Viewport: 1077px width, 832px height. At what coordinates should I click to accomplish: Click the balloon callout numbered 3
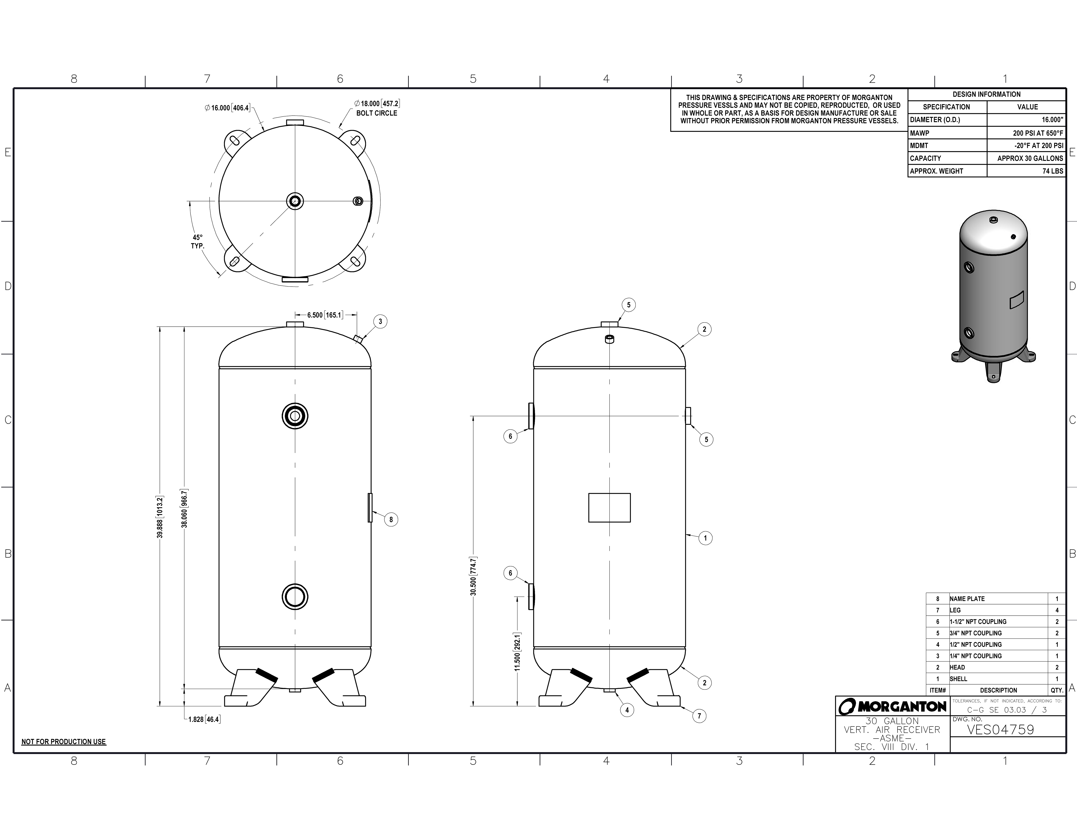380,321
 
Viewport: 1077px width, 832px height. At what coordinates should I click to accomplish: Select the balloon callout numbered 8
391,520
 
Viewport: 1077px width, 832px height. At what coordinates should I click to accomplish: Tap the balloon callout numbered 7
699,716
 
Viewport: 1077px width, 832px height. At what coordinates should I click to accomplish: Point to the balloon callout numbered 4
627,710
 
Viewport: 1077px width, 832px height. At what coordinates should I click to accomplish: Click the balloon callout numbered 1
706,538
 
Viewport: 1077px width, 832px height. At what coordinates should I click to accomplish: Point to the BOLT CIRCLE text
377,113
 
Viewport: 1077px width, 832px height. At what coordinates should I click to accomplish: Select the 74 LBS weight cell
1053,171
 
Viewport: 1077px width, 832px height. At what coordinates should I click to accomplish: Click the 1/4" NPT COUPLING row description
976,656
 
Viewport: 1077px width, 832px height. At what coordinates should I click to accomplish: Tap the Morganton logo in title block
893,707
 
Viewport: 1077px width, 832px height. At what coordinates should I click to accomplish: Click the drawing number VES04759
1001,730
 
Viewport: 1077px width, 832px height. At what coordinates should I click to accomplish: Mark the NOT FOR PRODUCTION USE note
64,742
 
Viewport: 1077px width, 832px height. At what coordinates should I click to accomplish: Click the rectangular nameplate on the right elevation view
610,508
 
